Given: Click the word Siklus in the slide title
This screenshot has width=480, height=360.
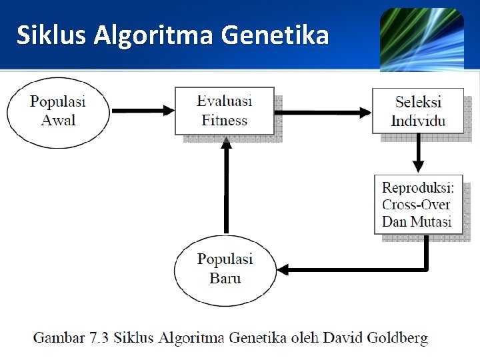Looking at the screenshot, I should pyautogui.click(x=51, y=35).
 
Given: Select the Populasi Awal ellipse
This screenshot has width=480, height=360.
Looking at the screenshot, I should pyautogui.click(x=58, y=111).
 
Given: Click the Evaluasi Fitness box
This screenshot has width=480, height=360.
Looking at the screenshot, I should pyautogui.click(x=225, y=111).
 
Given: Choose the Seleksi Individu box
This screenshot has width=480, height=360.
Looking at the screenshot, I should pyautogui.click(x=418, y=111).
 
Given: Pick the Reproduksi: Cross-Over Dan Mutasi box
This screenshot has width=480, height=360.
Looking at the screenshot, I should pyautogui.click(x=418, y=205).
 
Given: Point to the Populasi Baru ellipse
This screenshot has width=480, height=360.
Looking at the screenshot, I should pyautogui.click(x=225, y=268).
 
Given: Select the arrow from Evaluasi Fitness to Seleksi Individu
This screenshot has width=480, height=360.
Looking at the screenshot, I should pyautogui.click(x=323, y=111).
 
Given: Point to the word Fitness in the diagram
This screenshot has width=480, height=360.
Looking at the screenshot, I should pyautogui.click(x=225, y=121).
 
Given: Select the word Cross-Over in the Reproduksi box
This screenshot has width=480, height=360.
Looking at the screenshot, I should pyautogui.click(x=416, y=205).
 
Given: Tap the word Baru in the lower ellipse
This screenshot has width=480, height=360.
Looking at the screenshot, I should pyautogui.click(x=225, y=277).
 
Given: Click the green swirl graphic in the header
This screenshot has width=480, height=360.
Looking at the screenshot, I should pyautogui.click(x=421, y=40).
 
